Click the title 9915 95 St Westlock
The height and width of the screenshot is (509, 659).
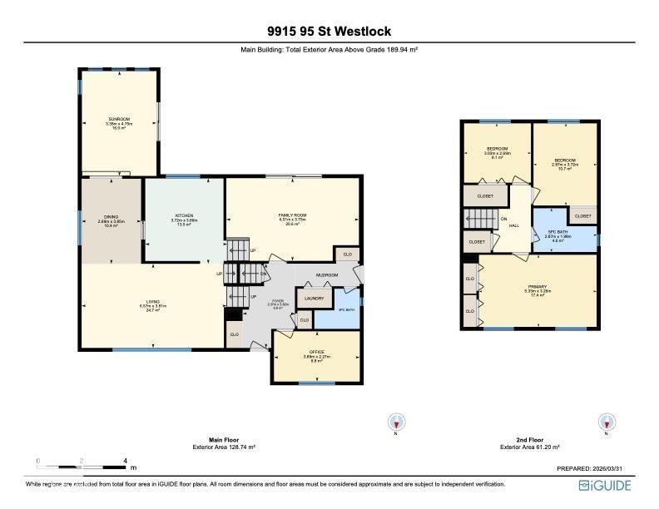[x=329, y=32]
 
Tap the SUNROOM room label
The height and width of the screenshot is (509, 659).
[x=119, y=120]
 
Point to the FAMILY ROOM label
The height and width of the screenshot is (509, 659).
[x=292, y=215]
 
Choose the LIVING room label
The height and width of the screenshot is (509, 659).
[x=152, y=302]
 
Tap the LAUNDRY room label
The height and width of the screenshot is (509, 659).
[x=314, y=298]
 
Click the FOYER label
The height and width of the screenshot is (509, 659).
[x=278, y=301]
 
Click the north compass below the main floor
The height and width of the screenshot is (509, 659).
[x=396, y=423]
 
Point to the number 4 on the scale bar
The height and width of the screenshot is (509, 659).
[x=125, y=460]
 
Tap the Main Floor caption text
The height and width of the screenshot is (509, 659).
[x=219, y=440]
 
